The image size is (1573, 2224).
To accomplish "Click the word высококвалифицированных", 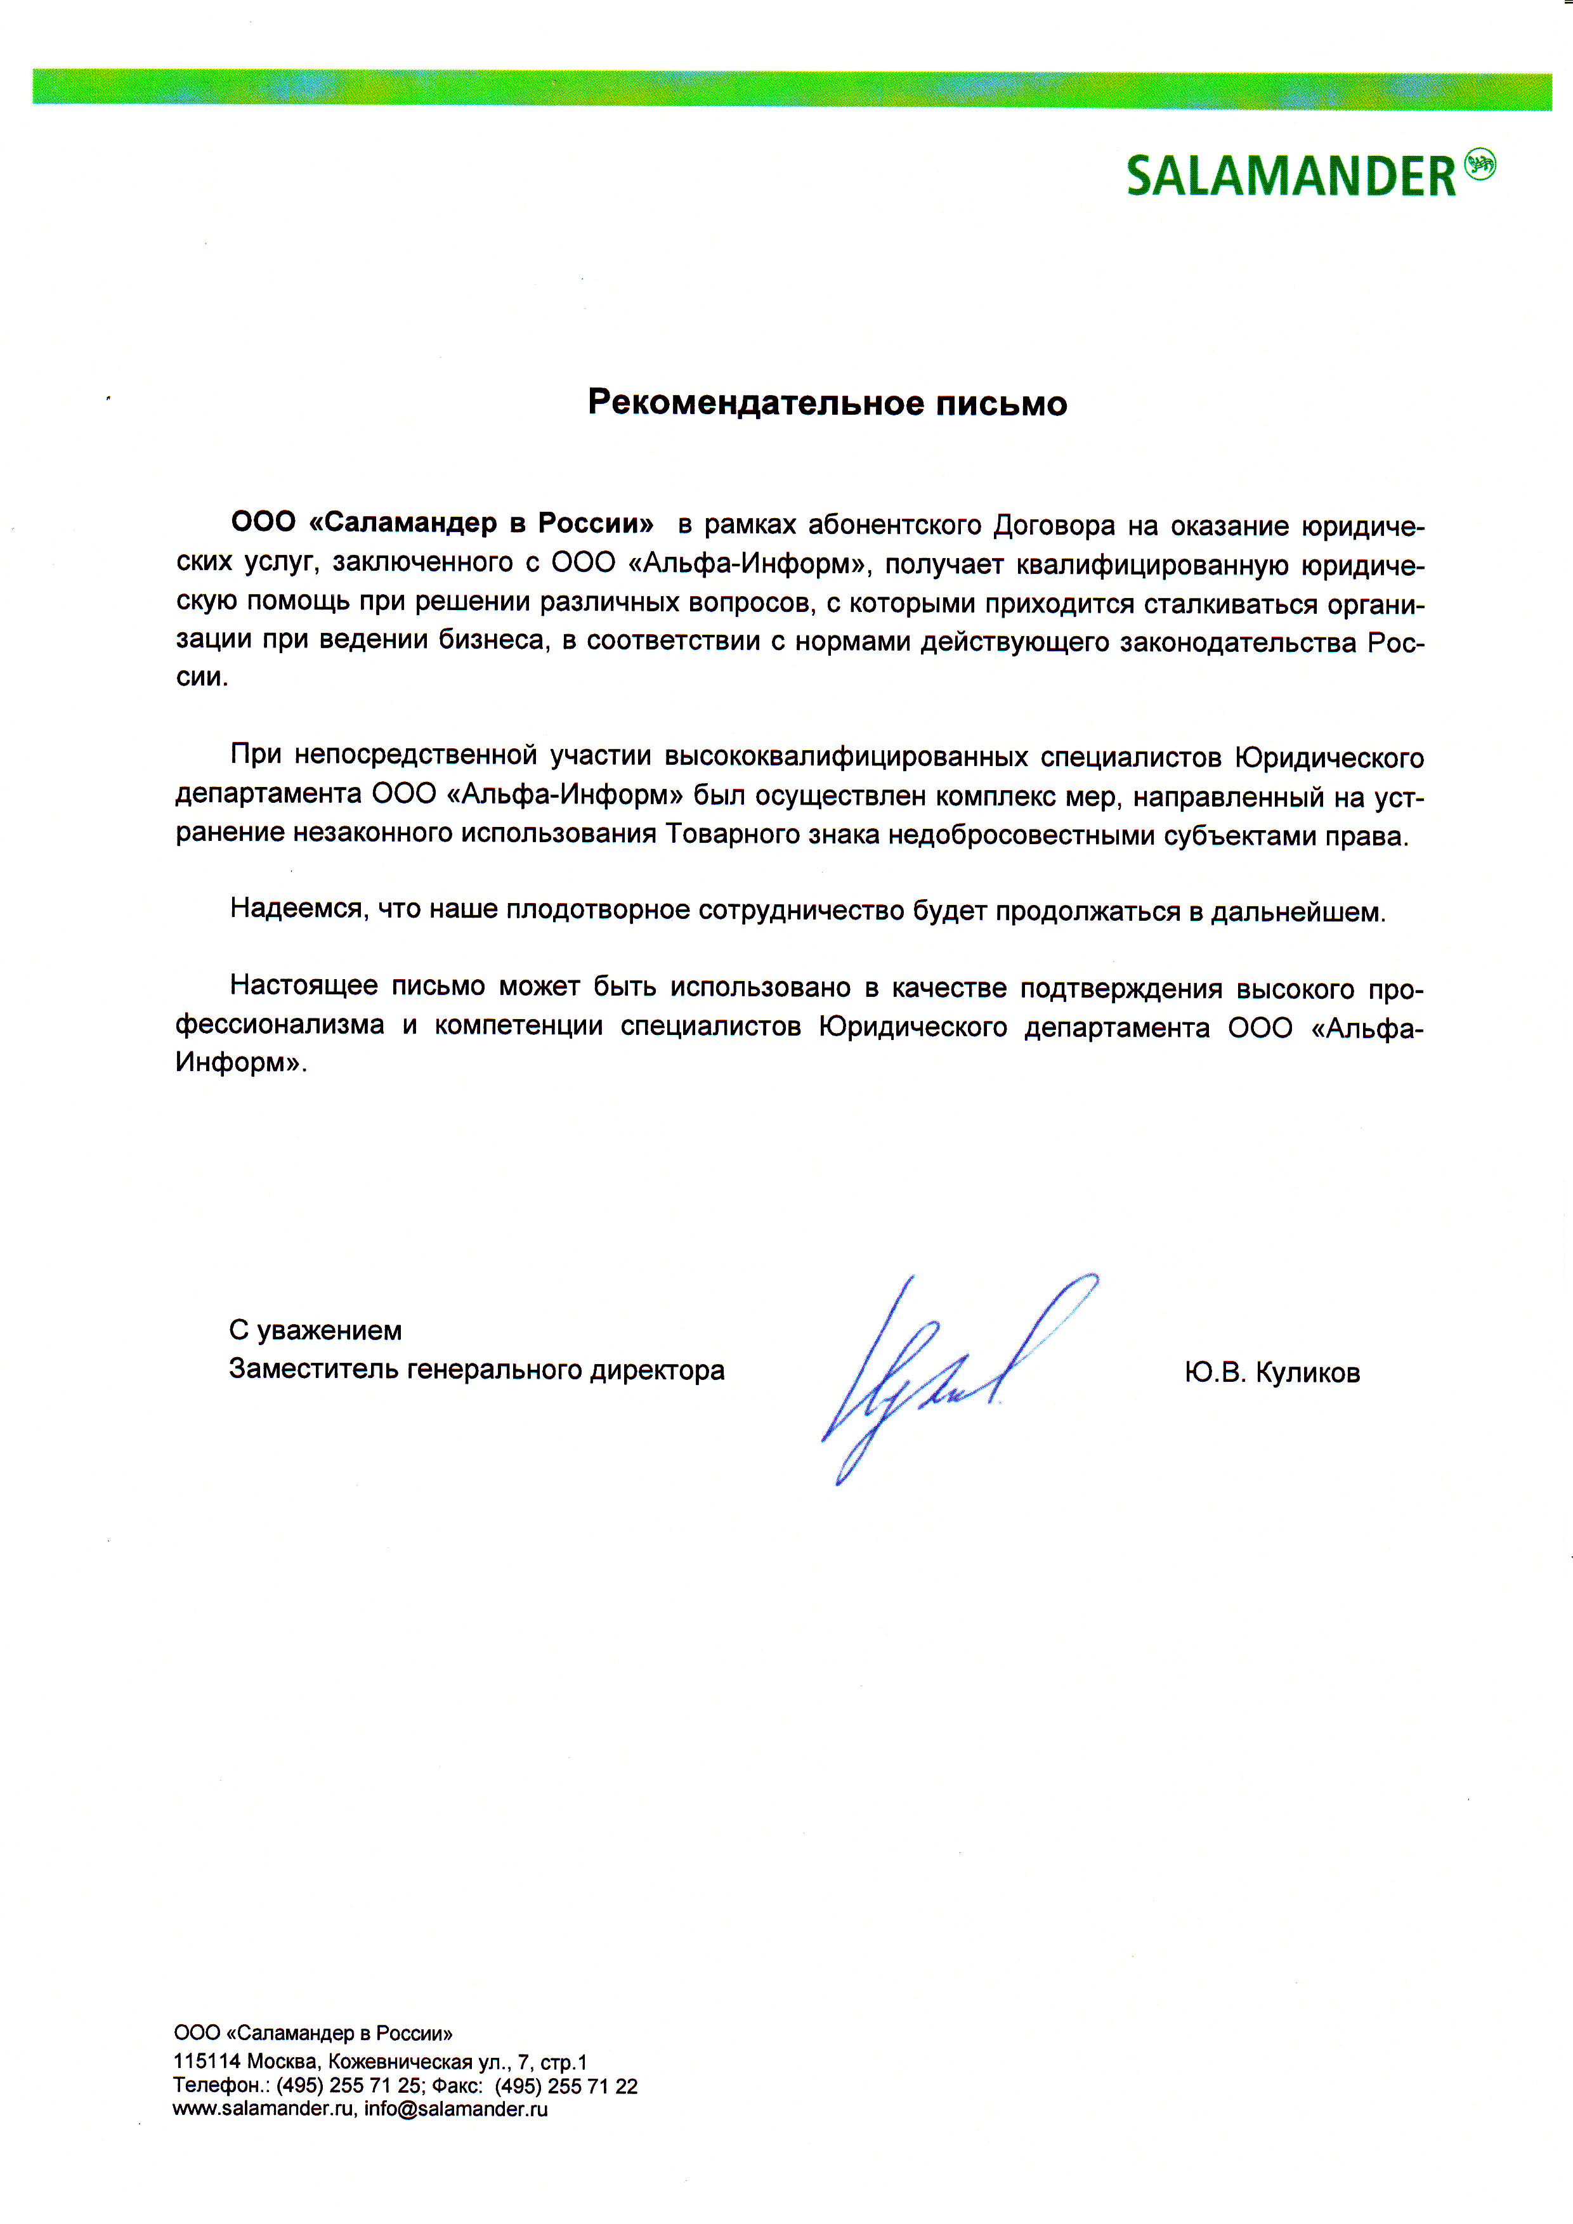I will click(845, 757).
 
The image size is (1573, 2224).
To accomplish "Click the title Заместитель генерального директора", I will click(476, 1370).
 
